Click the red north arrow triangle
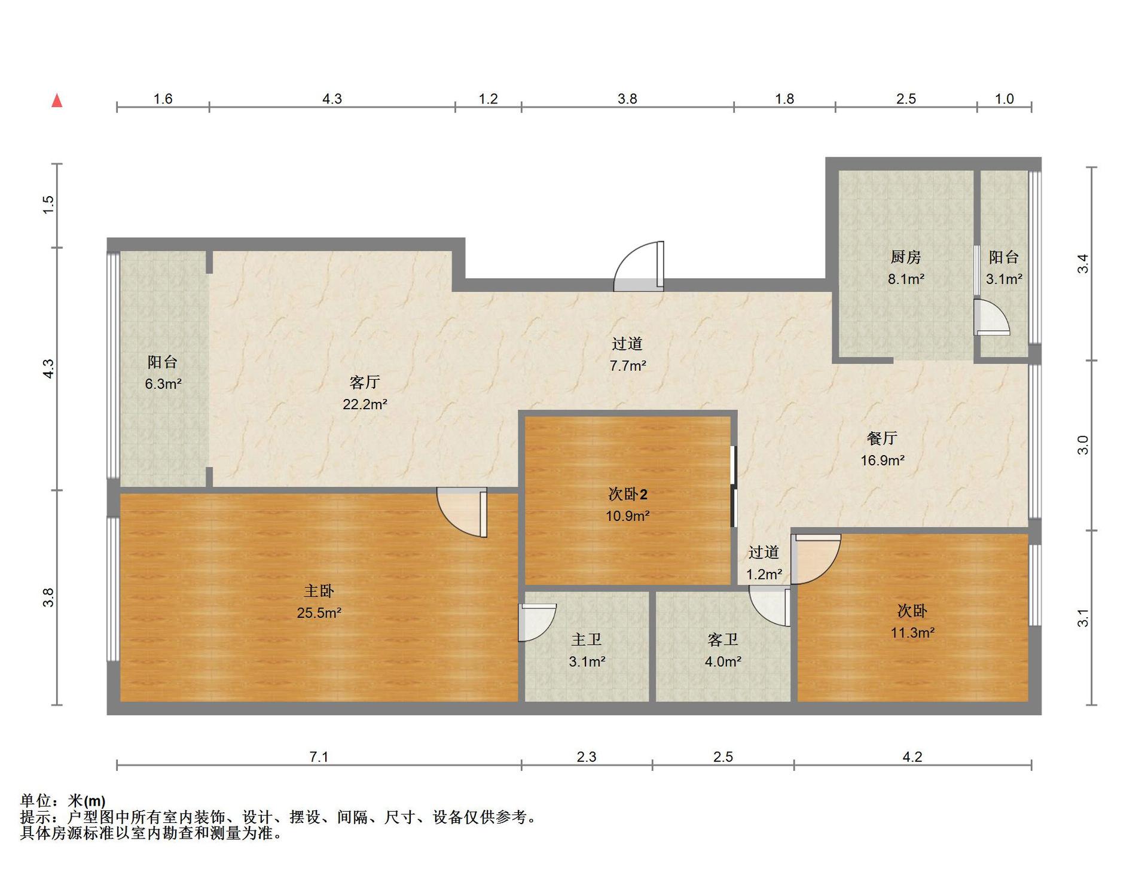(57, 100)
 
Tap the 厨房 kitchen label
(906, 257)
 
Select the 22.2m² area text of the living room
(365, 404)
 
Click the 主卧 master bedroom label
(319, 591)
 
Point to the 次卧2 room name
(628, 494)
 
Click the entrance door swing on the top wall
(639, 266)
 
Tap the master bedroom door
(462, 512)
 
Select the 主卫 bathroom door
(537, 623)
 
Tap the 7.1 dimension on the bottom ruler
(319, 757)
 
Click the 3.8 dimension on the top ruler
(627, 99)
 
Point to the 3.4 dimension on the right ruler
(1083, 264)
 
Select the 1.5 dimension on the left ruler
(48, 205)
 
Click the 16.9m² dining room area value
(883, 461)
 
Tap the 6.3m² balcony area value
(163, 384)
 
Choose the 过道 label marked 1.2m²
(764, 553)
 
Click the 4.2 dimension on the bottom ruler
(912, 757)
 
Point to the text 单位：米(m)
(63, 800)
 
